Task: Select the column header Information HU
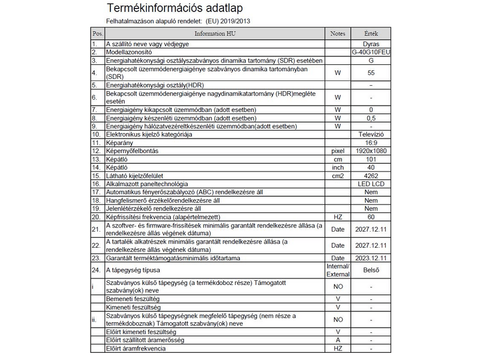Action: coord(214,33)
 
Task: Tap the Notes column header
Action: coord(338,33)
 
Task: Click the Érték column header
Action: coord(371,33)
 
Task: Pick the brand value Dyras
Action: coord(371,44)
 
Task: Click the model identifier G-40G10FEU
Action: coord(371,53)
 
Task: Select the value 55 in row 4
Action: coord(371,73)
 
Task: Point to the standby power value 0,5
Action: coord(371,118)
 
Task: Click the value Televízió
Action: coord(371,134)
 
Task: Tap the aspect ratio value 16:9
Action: coord(371,143)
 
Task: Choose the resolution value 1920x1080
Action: coord(371,151)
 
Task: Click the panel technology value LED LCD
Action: coord(371,184)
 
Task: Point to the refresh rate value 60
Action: coord(371,216)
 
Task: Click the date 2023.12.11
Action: coord(371,258)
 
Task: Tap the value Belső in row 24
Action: coord(371,270)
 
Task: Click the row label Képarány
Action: coord(120,143)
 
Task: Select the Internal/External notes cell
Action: coord(338,270)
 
